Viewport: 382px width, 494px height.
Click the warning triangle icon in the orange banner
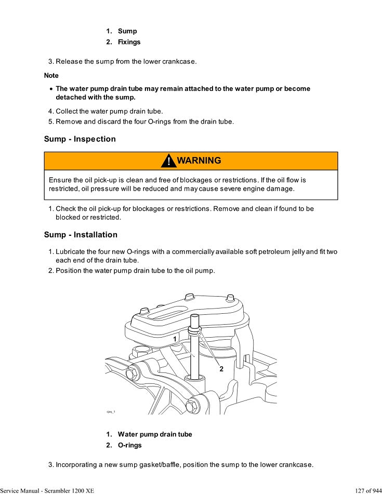(168, 161)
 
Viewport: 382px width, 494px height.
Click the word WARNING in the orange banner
(199, 161)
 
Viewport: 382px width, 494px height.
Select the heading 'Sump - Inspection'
(80, 139)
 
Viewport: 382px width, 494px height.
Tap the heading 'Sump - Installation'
(81, 235)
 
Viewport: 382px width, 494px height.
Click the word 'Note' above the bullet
(51, 76)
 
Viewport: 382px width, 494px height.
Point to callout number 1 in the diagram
(175, 339)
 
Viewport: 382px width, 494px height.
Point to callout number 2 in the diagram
(221, 369)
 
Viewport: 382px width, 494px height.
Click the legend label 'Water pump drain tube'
(154, 434)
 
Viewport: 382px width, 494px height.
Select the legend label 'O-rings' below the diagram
(129, 445)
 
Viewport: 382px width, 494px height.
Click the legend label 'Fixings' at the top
(129, 42)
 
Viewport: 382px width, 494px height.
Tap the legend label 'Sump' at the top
(127, 31)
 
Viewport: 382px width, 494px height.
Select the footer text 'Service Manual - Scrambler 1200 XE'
(47, 490)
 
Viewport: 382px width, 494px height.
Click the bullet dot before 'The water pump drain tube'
(50, 89)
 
